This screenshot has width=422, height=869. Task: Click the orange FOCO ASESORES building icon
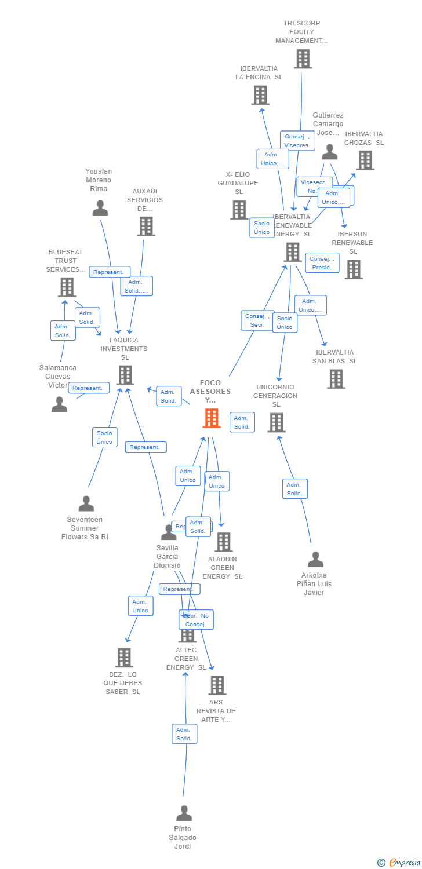click(212, 418)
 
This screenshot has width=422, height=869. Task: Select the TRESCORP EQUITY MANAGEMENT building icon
click(303, 59)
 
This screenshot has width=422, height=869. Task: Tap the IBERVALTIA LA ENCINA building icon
click(260, 95)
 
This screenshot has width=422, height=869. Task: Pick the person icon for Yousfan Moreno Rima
click(100, 207)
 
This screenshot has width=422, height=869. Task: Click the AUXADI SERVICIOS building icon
click(146, 226)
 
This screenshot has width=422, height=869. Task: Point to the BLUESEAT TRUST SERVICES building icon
click(67, 287)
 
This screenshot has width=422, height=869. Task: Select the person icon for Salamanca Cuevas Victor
click(59, 404)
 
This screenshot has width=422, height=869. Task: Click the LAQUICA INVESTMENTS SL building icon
click(125, 375)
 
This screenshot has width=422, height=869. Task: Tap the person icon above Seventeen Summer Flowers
click(86, 503)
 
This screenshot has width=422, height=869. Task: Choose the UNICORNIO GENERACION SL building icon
click(277, 422)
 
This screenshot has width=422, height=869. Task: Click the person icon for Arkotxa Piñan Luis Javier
click(315, 559)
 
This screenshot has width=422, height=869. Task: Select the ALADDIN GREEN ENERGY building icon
click(223, 542)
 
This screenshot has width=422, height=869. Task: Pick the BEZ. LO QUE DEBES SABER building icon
click(124, 658)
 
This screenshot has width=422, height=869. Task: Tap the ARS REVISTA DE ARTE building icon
click(217, 685)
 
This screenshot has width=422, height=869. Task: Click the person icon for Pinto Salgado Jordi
click(184, 813)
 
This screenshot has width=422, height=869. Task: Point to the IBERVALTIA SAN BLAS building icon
click(336, 379)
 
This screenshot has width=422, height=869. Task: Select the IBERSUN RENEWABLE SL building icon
click(354, 269)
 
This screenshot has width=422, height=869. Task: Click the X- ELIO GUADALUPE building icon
click(239, 210)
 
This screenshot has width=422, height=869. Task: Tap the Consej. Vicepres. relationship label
click(297, 141)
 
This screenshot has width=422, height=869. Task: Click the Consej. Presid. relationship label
click(322, 263)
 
